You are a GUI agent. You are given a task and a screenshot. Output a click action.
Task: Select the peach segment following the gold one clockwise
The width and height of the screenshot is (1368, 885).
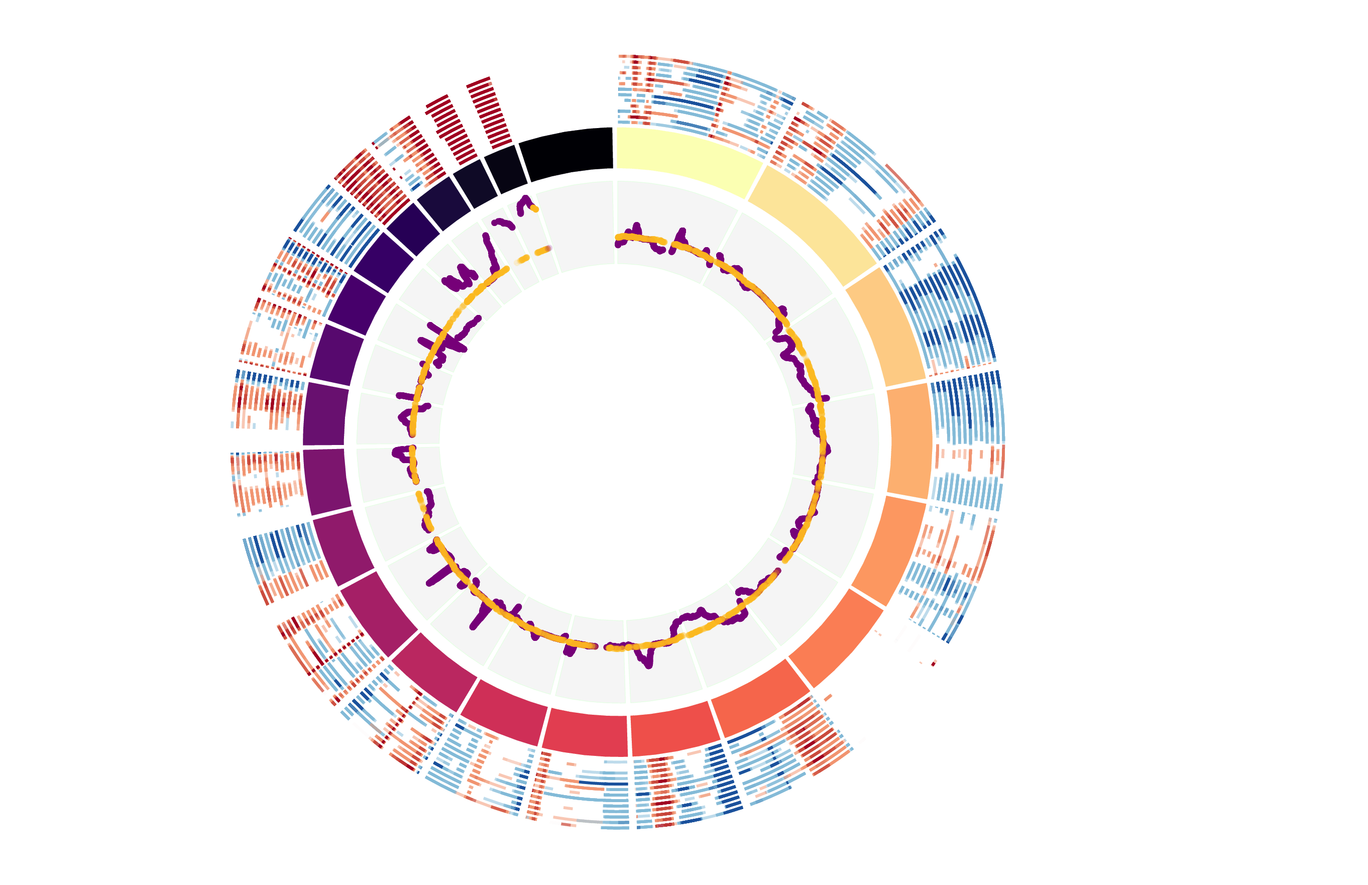tap(885, 327)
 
